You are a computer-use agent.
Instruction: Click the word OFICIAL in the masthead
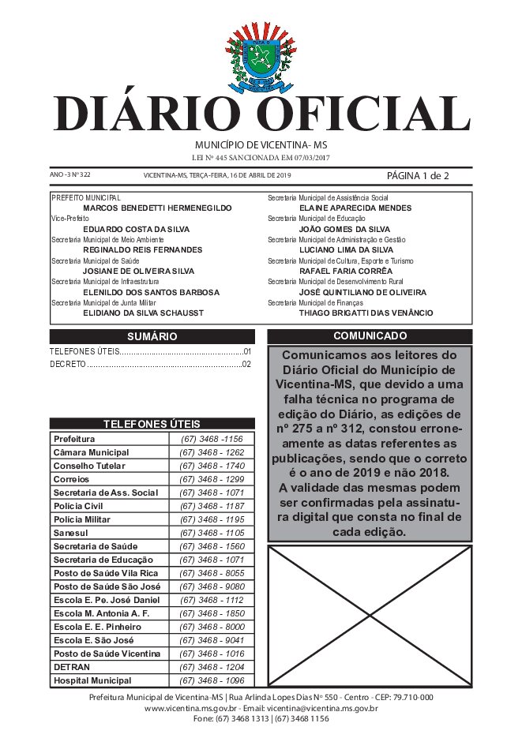364,114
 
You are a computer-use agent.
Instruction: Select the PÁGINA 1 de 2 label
418,175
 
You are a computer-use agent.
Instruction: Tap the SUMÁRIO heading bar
152,336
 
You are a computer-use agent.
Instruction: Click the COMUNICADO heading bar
370,336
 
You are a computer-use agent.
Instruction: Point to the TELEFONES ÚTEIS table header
152,424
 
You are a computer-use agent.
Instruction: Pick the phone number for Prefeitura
211,439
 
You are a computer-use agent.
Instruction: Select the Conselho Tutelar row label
83,466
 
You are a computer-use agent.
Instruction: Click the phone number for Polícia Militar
211,519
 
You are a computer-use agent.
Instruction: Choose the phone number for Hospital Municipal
211,680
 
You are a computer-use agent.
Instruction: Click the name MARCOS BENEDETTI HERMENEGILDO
157,208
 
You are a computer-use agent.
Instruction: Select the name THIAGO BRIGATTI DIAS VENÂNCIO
366,313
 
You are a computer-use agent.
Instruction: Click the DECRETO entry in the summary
67,365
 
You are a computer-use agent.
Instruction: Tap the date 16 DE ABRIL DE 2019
253,175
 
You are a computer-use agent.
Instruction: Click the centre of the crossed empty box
370,617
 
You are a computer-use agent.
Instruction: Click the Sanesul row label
71,533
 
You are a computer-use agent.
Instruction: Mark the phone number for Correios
211,479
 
